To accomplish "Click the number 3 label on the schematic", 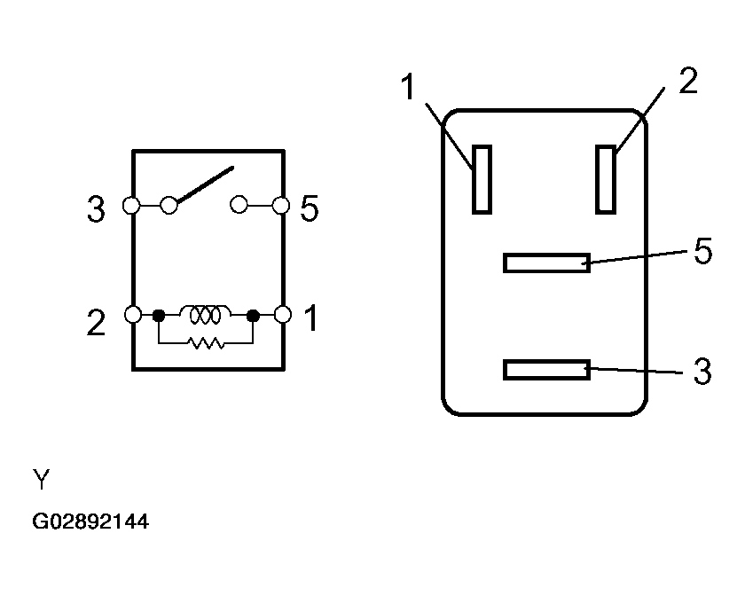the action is pos(96,209).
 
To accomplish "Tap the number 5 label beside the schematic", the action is pos(310,208).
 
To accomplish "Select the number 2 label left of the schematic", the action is pos(96,323).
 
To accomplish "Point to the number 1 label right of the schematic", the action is pos(311,318).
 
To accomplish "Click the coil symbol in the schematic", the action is pos(205,314).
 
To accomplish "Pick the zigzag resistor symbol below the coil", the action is pos(206,343).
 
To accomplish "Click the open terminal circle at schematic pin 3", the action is pos(131,206).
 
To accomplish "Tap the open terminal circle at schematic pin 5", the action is pos(281,206).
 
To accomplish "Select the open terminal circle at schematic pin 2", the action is pos(133,314).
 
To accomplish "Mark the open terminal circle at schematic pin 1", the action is pos(283,314).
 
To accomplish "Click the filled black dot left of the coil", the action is pos(159,315).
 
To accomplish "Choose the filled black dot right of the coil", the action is pos(254,315).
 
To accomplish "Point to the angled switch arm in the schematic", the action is pos(205,184).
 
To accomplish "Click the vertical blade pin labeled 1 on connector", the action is pos(482,180).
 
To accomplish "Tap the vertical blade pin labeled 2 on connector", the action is pos(606,180).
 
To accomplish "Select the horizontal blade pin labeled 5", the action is pos(547,263).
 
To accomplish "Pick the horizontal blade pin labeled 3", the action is pos(547,370).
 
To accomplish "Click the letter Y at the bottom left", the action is pos(42,479).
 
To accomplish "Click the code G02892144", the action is pos(90,521).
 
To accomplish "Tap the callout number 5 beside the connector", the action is pos(702,250).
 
